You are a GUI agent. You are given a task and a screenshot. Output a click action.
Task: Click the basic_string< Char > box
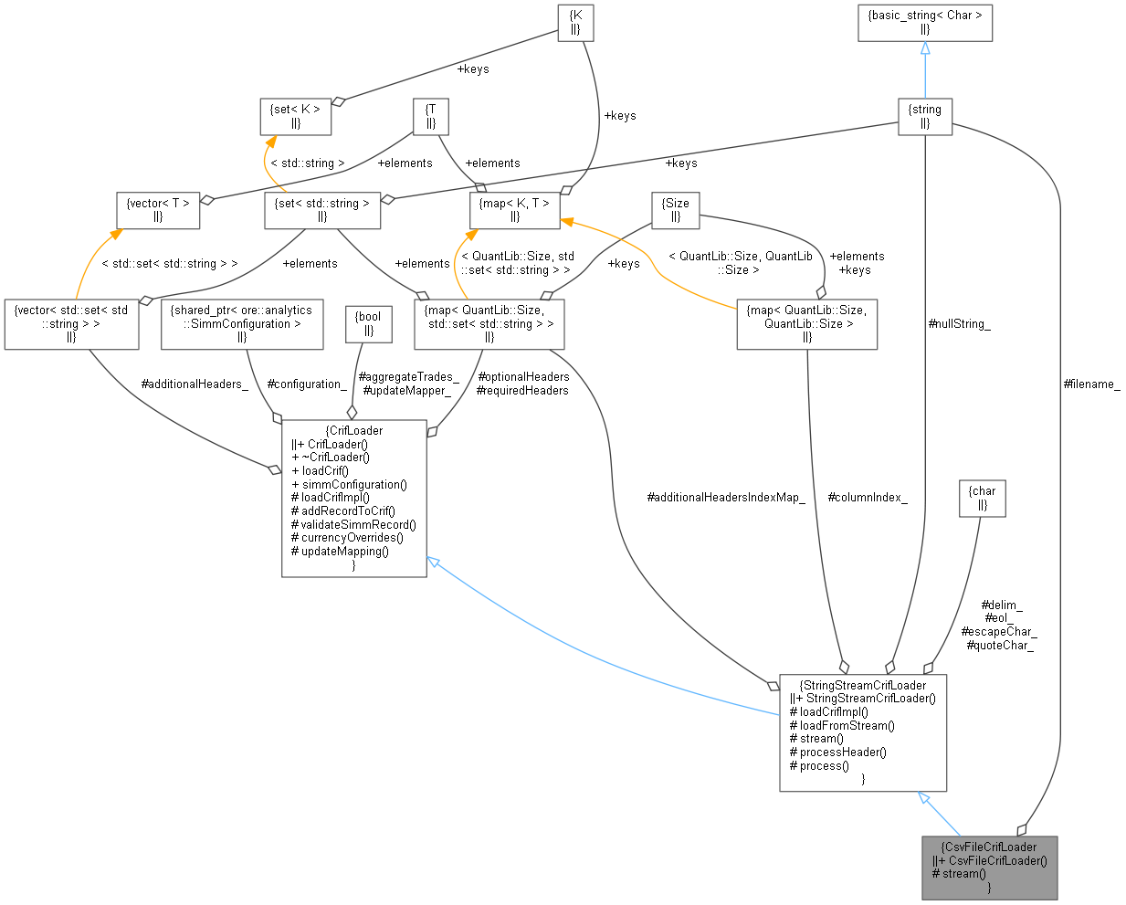(x=925, y=22)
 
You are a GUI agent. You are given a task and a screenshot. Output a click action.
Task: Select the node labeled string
(x=925, y=116)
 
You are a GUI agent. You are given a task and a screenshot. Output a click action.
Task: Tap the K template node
(x=575, y=22)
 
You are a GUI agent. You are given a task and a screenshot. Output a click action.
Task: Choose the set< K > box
(x=295, y=116)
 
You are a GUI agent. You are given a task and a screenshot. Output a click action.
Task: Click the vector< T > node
(x=158, y=210)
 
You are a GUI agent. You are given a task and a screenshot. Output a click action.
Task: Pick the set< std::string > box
(x=322, y=210)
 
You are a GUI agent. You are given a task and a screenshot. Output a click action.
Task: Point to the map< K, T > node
(x=514, y=210)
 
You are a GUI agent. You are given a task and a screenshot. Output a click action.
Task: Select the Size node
(x=676, y=210)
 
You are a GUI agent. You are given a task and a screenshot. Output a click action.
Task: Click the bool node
(x=369, y=323)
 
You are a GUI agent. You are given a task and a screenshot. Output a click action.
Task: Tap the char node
(x=983, y=498)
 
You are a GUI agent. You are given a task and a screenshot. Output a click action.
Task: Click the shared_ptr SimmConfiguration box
(x=242, y=323)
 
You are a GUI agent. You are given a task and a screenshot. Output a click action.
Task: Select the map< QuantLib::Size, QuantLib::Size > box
(x=806, y=323)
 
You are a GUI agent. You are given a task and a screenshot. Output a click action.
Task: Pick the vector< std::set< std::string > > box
(x=71, y=323)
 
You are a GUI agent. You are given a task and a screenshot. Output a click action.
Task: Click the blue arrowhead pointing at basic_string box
(x=925, y=48)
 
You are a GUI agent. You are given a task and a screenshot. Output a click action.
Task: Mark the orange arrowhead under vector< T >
(x=116, y=235)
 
